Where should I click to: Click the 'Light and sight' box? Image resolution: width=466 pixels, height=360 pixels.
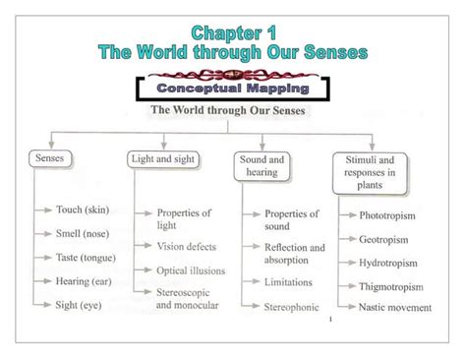point(163,157)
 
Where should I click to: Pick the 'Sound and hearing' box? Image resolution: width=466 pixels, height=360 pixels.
point(264,164)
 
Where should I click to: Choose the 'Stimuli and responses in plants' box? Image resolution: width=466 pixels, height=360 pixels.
point(370,169)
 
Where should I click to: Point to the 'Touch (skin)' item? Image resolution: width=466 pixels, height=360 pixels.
point(83,210)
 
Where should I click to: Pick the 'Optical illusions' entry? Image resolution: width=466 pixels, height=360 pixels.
point(192,270)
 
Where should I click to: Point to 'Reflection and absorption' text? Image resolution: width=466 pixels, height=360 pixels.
point(293,254)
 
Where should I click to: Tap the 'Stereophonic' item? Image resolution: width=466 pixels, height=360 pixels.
point(293,306)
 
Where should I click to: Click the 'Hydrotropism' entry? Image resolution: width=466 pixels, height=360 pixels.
point(389,263)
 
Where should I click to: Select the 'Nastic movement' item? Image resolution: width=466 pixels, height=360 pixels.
point(396,307)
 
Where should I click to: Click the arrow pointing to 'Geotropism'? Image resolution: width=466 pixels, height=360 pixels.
point(348,239)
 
